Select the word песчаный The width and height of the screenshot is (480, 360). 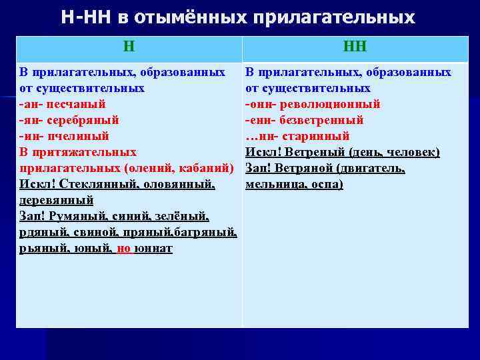coord(78,104)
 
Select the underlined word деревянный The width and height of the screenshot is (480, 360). coord(56,200)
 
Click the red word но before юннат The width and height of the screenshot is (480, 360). coord(124,248)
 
